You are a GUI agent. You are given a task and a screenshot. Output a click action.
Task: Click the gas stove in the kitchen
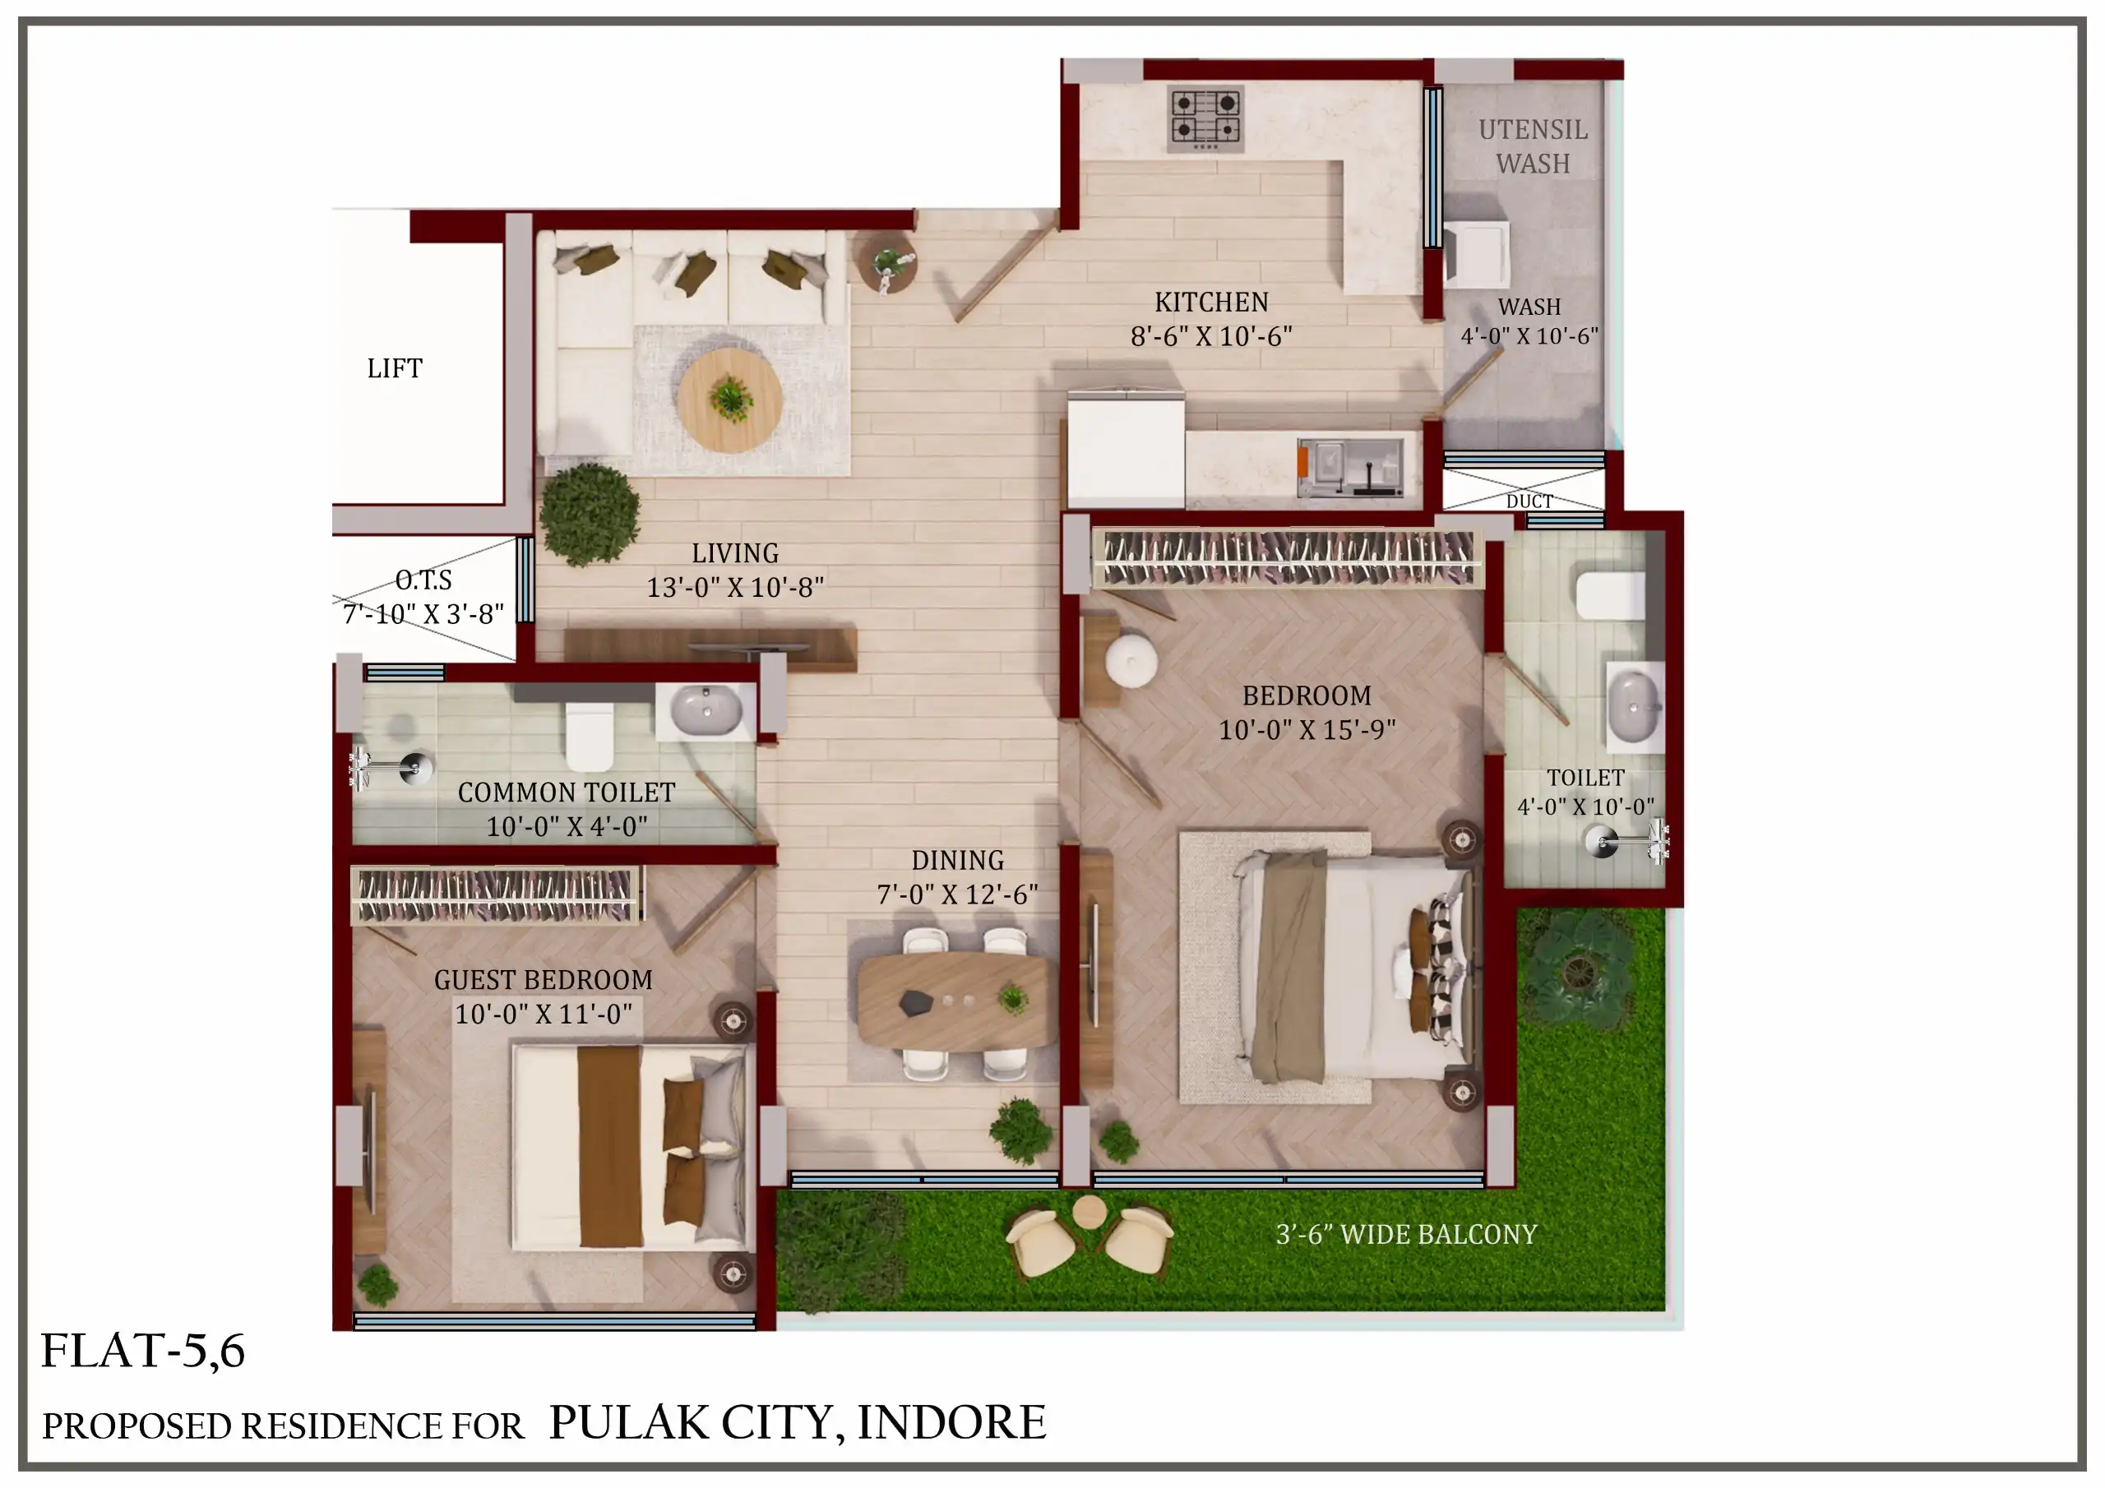pyautogui.click(x=1205, y=119)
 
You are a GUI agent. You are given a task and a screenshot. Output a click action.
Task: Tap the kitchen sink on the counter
pyautogui.click(x=1350, y=468)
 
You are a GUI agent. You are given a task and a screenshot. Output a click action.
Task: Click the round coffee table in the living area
pyautogui.click(x=730, y=400)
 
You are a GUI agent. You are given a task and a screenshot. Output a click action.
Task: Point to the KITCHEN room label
pyautogui.click(x=1211, y=302)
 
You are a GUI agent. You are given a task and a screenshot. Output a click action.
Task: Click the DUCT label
pyautogui.click(x=1529, y=501)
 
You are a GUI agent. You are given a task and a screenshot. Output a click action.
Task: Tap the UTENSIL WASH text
pyautogui.click(x=1533, y=146)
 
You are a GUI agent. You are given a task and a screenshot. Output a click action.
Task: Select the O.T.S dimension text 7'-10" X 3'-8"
pyautogui.click(x=423, y=614)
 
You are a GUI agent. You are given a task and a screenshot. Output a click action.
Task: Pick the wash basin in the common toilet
pyautogui.click(x=706, y=709)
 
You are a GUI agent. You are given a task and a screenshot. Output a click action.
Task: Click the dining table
pyautogui.click(x=957, y=1001)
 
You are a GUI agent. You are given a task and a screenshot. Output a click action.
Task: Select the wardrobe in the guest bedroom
pyautogui.click(x=496, y=894)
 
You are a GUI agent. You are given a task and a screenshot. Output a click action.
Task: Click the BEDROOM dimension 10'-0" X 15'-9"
pyautogui.click(x=1307, y=730)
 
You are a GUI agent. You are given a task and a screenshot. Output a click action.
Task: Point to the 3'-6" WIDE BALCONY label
pyautogui.click(x=1406, y=1235)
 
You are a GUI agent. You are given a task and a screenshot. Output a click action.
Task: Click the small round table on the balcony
pyautogui.click(x=1090, y=1212)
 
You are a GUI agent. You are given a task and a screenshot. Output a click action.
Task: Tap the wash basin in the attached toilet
pyautogui.click(x=1635, y=706)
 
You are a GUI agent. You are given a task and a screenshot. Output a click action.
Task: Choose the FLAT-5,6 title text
pyautogui.click(x=143, y=1351)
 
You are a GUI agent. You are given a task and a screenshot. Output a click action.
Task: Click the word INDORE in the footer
pyautogui.click(x=951, y=1422)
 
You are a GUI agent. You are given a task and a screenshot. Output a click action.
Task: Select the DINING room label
pyautogui.click(x=957, y=860)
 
